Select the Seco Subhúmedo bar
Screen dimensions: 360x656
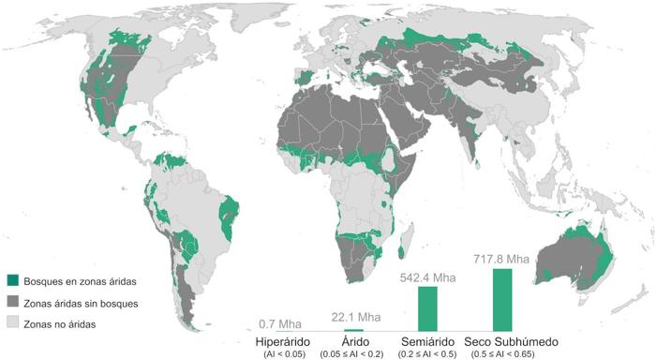[502, 299]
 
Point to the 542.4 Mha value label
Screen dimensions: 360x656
[427, 277]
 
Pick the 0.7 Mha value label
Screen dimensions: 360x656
[282, 322]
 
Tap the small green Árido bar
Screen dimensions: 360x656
[354, 330]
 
